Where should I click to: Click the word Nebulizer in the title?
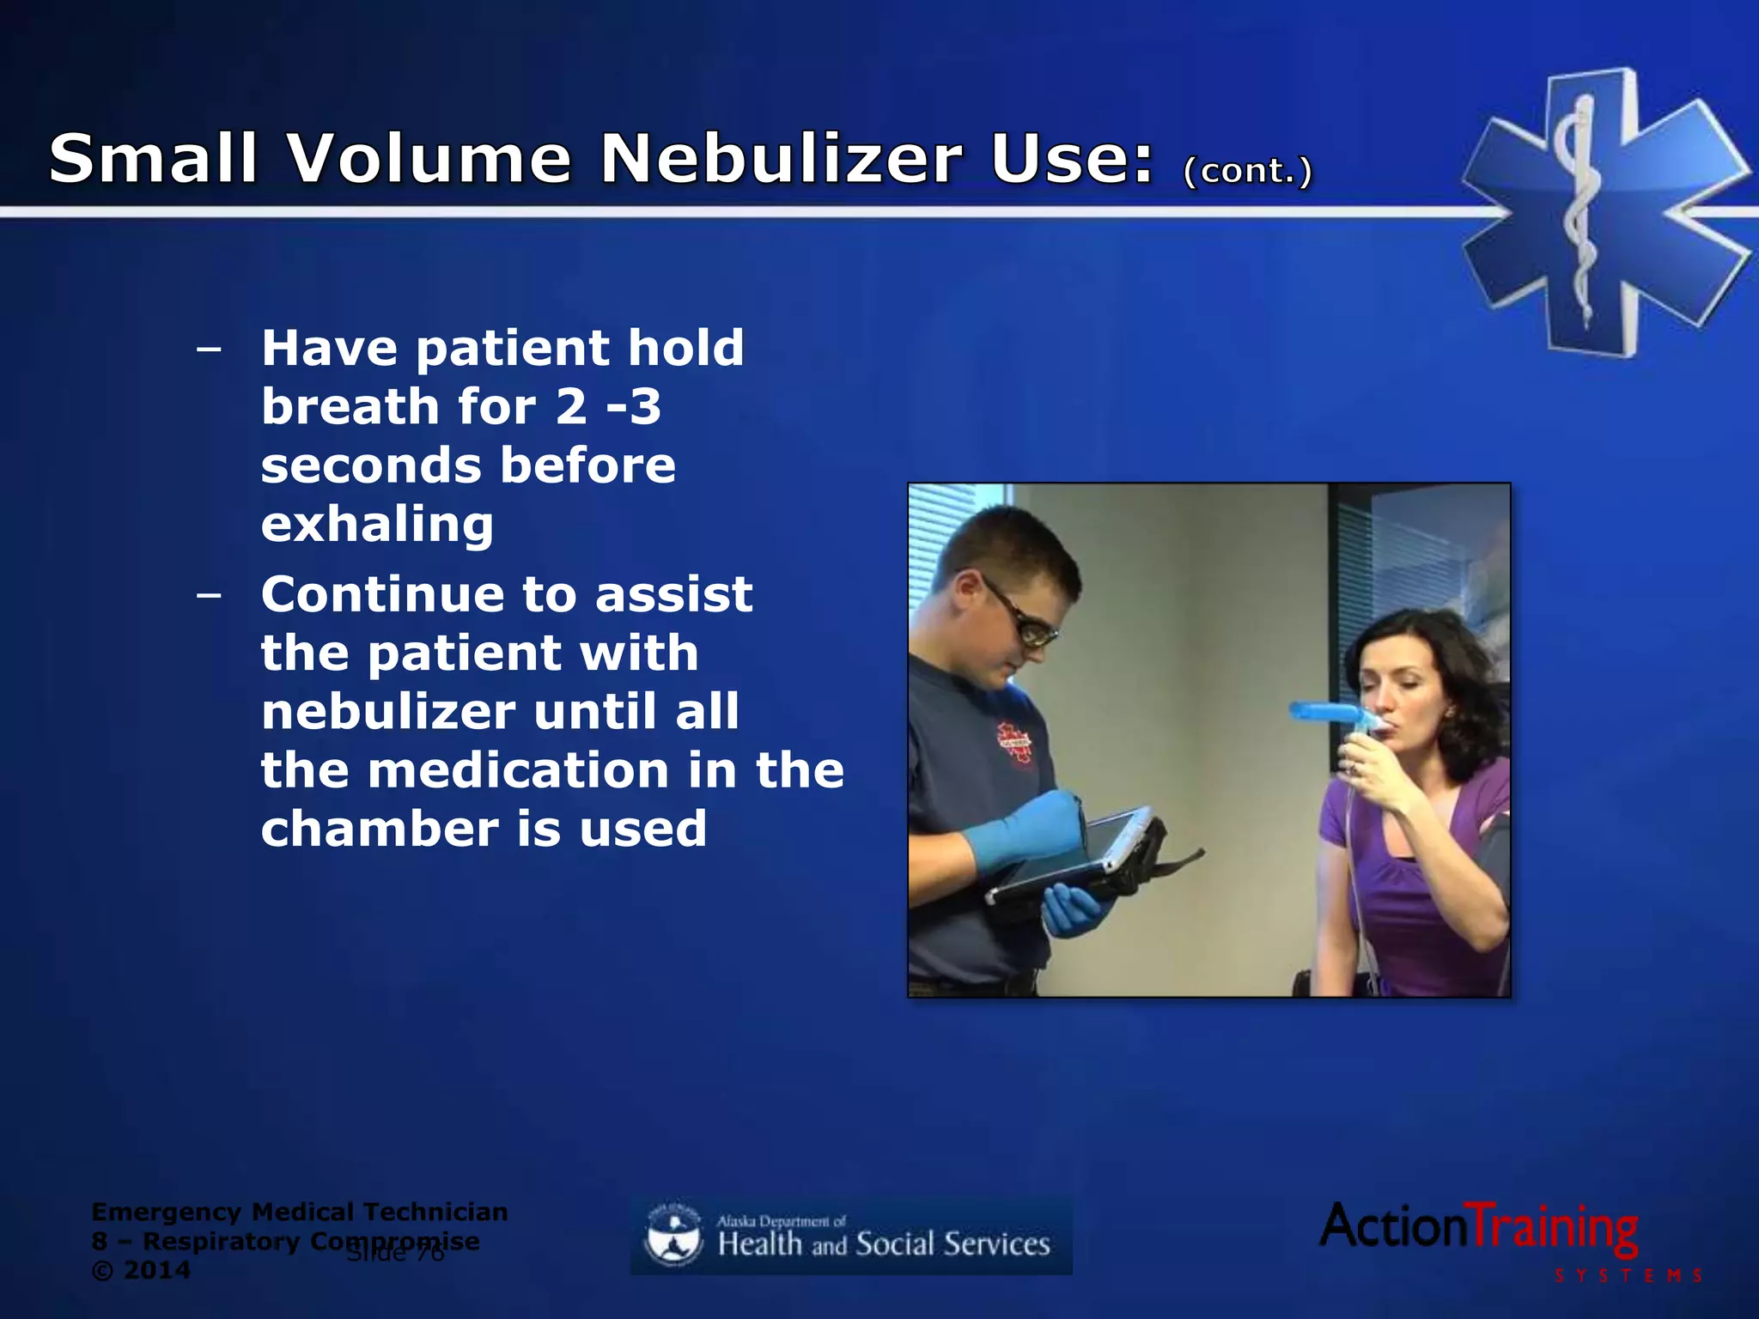tap(782, 159)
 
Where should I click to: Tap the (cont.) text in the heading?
tap(1247, 170)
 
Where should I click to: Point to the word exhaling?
tap(378, 524)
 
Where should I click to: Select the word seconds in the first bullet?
tap(371, 465)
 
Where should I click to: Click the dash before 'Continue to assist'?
tap(208, 594)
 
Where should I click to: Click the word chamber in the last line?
tap(380, 829)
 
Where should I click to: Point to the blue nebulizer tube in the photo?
tap(1327, 712)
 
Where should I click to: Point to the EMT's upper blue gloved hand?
tap(1026, 829)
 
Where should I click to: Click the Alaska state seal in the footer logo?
tap(673, 1235)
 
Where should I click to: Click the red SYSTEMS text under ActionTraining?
tap(1628, 1276)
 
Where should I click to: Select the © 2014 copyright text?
tap(141, 1270)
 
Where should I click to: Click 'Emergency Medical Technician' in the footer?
tap(299, 1212)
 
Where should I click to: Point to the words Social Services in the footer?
tap(953, 1243)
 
